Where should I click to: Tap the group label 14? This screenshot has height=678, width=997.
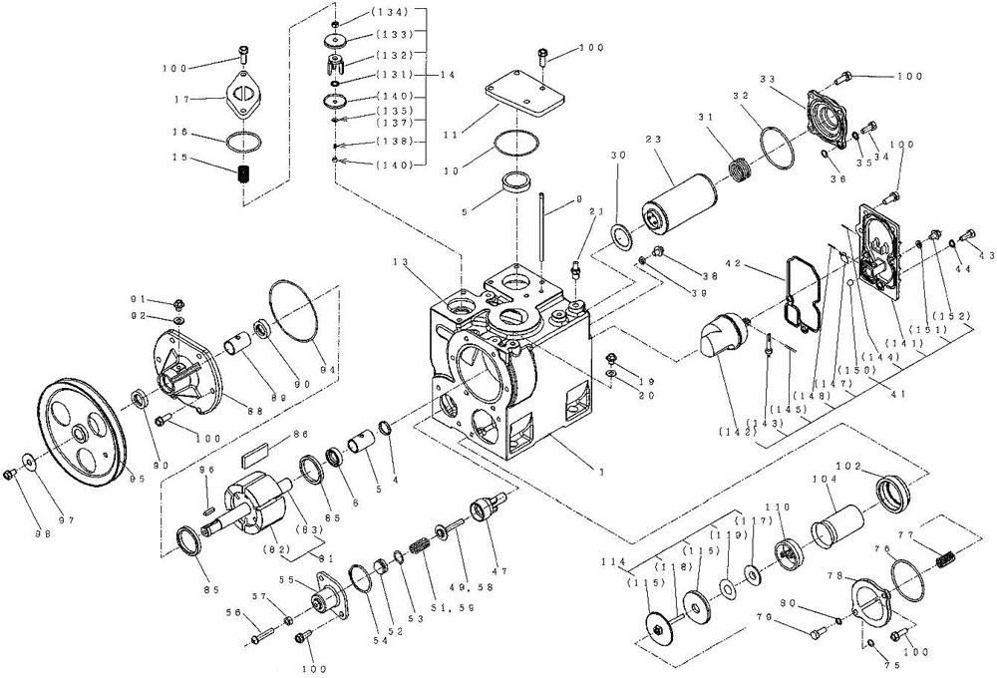(x=446, y=75)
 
